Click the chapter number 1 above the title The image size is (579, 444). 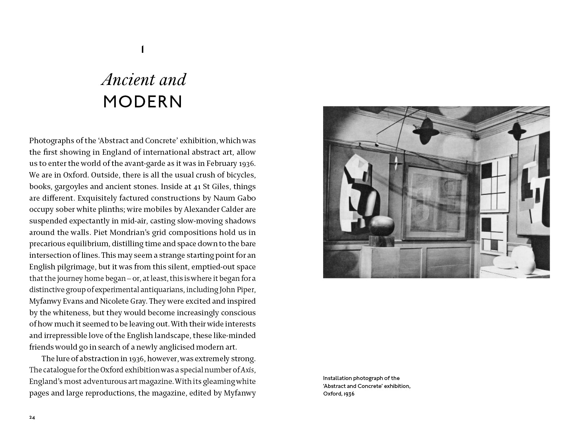(x=143, y=50)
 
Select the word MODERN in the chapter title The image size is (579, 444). (x=143, y=102)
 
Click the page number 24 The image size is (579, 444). (x=32, y=418)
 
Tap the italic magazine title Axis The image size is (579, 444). (x=249, y=370)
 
